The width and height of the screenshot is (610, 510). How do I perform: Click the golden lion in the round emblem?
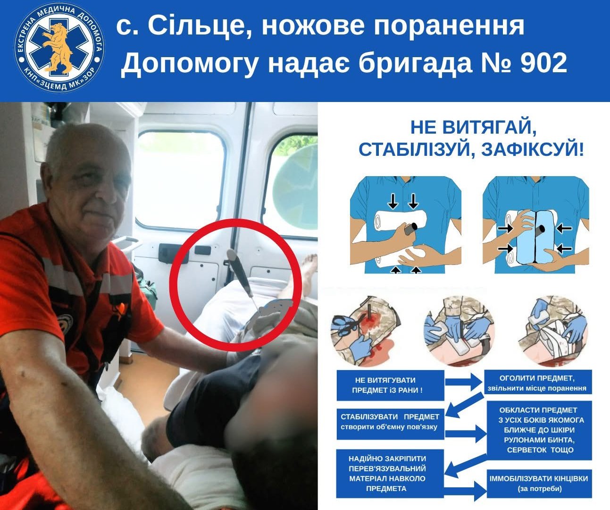pos(58,47)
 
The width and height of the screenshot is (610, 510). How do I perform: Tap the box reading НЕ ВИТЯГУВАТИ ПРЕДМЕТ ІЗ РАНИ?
pos(390,385)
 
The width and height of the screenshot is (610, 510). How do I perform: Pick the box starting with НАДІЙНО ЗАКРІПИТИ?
pos(390,474)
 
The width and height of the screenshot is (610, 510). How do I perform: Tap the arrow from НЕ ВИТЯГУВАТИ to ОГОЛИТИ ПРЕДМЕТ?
pos(464,382)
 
